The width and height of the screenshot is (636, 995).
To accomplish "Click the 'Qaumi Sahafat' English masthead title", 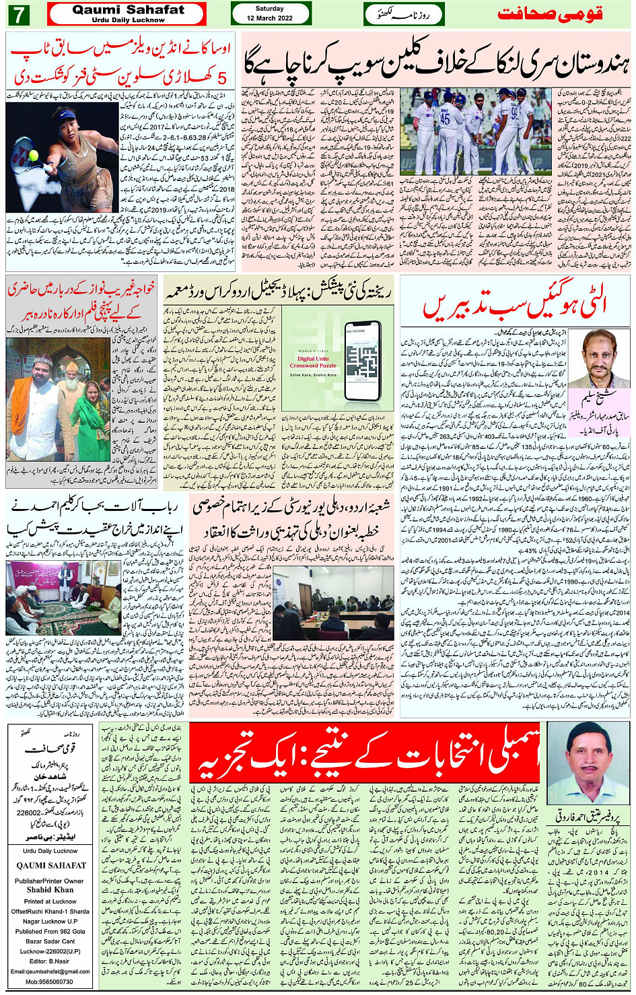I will pyautogui.click(x=128, y=9).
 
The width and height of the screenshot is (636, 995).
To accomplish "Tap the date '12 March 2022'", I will pyautogui.click(x=270, y=18).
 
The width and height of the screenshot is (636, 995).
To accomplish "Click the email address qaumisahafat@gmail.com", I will pyautogui.click(x=50, y=971).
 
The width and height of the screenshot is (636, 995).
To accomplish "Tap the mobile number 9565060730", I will pyautogui.click(x=50, y=982).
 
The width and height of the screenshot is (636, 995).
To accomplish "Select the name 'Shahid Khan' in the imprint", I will pyautogui.click(x=50, y=889).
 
